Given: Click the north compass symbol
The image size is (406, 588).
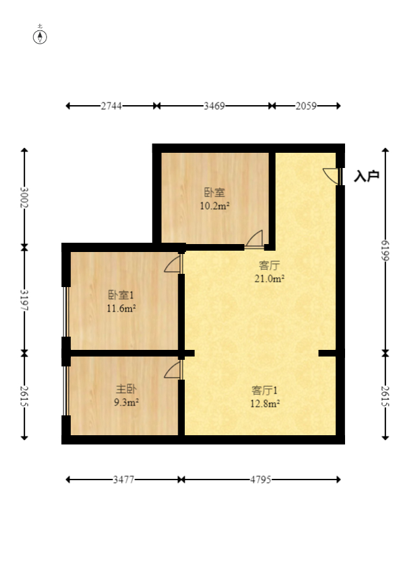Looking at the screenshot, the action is point(40,36).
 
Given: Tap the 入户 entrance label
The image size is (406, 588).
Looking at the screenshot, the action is point(366,176).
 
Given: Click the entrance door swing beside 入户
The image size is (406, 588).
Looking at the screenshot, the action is point(332,176).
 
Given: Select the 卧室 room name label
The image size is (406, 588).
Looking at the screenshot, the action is point(215,192).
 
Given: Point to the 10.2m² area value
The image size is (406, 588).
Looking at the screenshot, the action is point(215,206).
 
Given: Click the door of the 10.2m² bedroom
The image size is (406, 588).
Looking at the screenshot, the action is point(254,239).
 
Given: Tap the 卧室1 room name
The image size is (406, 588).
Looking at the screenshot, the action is point(121,295).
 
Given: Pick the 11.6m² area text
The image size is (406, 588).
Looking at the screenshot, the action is point(121,309).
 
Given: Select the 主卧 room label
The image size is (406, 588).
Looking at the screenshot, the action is point(126,389).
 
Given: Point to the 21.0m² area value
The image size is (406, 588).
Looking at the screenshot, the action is point(270,278).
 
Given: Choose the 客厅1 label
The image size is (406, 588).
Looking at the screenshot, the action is point(264,390).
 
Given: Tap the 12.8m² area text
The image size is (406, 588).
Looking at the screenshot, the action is point(265,404).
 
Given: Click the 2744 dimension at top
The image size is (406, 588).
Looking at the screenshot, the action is point(111,106).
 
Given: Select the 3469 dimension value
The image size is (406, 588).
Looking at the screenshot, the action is point(214,106).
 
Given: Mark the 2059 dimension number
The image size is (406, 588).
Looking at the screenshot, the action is point(306,106).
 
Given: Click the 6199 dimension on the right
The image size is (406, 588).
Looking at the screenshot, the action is point(385,251).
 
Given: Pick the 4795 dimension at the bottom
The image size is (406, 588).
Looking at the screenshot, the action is point(261,480).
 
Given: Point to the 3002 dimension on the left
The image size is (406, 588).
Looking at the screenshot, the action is point(25,198).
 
